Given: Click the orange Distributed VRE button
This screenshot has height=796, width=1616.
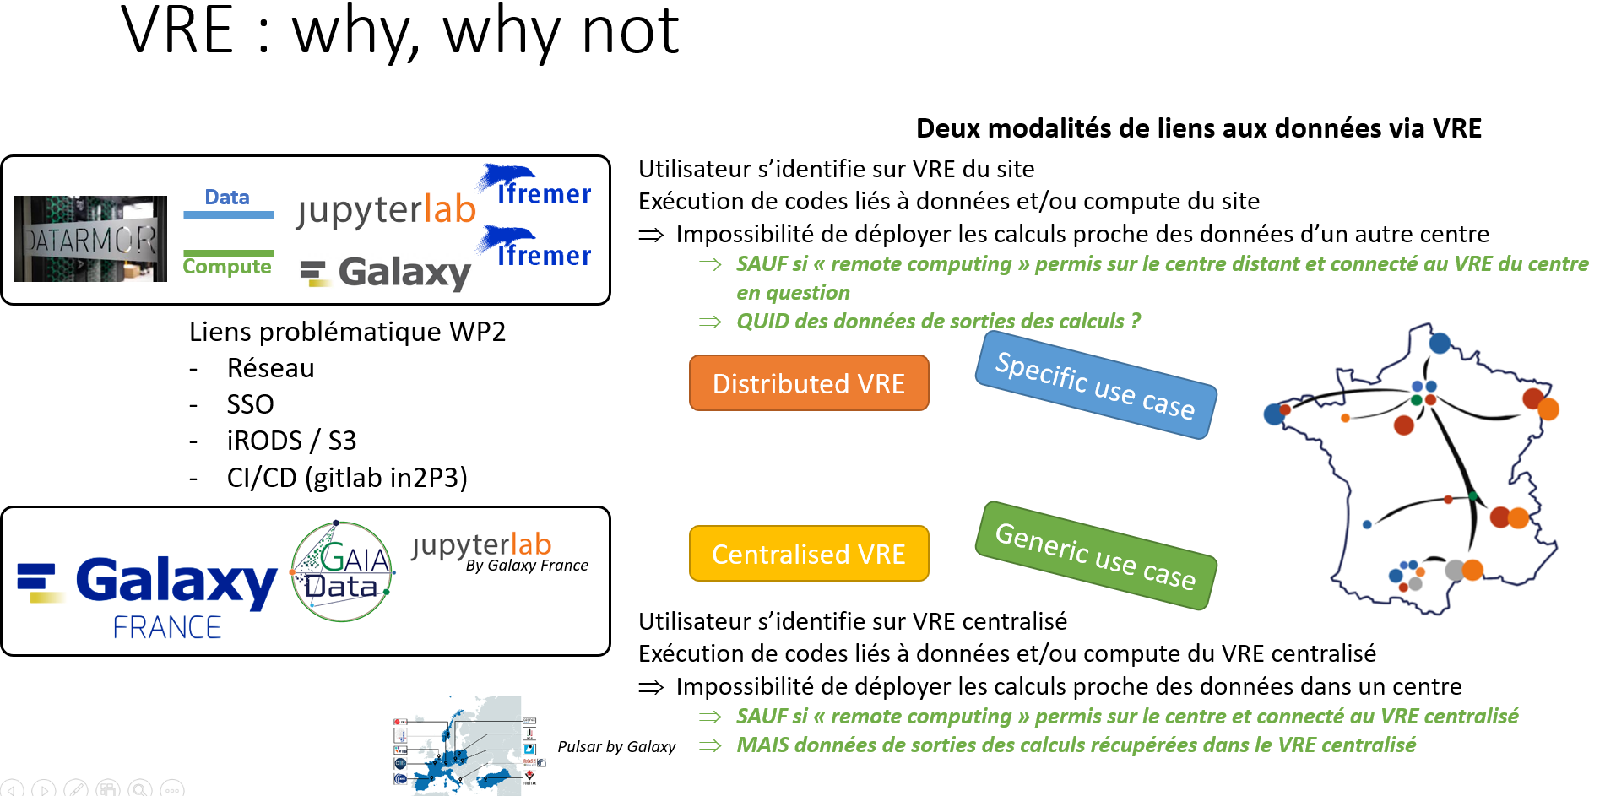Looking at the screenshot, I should coord(808,383).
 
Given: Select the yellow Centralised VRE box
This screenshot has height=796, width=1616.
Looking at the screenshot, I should coord(808,554).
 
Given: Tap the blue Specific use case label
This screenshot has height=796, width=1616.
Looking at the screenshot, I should coord(1095,385).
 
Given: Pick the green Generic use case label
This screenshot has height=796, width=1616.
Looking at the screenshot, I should coord(1095,555).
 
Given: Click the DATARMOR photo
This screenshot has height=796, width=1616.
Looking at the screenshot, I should coord(90,239).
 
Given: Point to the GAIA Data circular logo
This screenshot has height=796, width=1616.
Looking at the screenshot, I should coord(342,571).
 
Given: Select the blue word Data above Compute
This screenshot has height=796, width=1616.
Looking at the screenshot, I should coord(227,198).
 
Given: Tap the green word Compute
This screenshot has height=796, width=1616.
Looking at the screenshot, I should coord(227,267).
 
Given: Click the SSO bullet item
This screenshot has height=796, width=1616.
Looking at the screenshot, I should coord(250,404).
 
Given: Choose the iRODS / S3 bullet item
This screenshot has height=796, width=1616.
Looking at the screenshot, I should coord(291,441).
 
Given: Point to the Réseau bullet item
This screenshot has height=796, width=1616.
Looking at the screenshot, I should coord(270,368).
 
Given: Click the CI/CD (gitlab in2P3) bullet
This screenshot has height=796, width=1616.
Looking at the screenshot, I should coord(346,478).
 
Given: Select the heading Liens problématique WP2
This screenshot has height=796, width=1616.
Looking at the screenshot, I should coord(347,332).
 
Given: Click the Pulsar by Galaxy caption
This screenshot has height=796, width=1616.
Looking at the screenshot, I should coord(616,746).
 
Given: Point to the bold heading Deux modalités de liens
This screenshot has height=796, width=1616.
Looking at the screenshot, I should coord(1198,128).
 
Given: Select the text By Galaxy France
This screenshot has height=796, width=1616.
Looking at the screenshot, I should coord(527,566).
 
